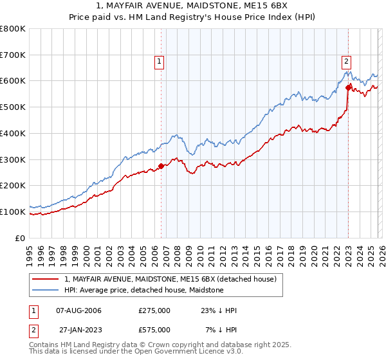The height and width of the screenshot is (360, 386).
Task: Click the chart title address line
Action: [193, 6]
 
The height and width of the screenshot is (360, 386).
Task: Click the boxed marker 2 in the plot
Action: [346, 62]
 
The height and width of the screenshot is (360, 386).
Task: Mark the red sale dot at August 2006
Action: [161, 166]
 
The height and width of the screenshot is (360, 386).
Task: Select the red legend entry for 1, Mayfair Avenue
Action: [170, 279]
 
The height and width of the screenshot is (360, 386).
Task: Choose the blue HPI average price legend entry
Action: [143, 291]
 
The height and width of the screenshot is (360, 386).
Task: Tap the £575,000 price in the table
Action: [154, 330]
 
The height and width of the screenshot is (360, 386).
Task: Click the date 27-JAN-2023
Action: [78, 330]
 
